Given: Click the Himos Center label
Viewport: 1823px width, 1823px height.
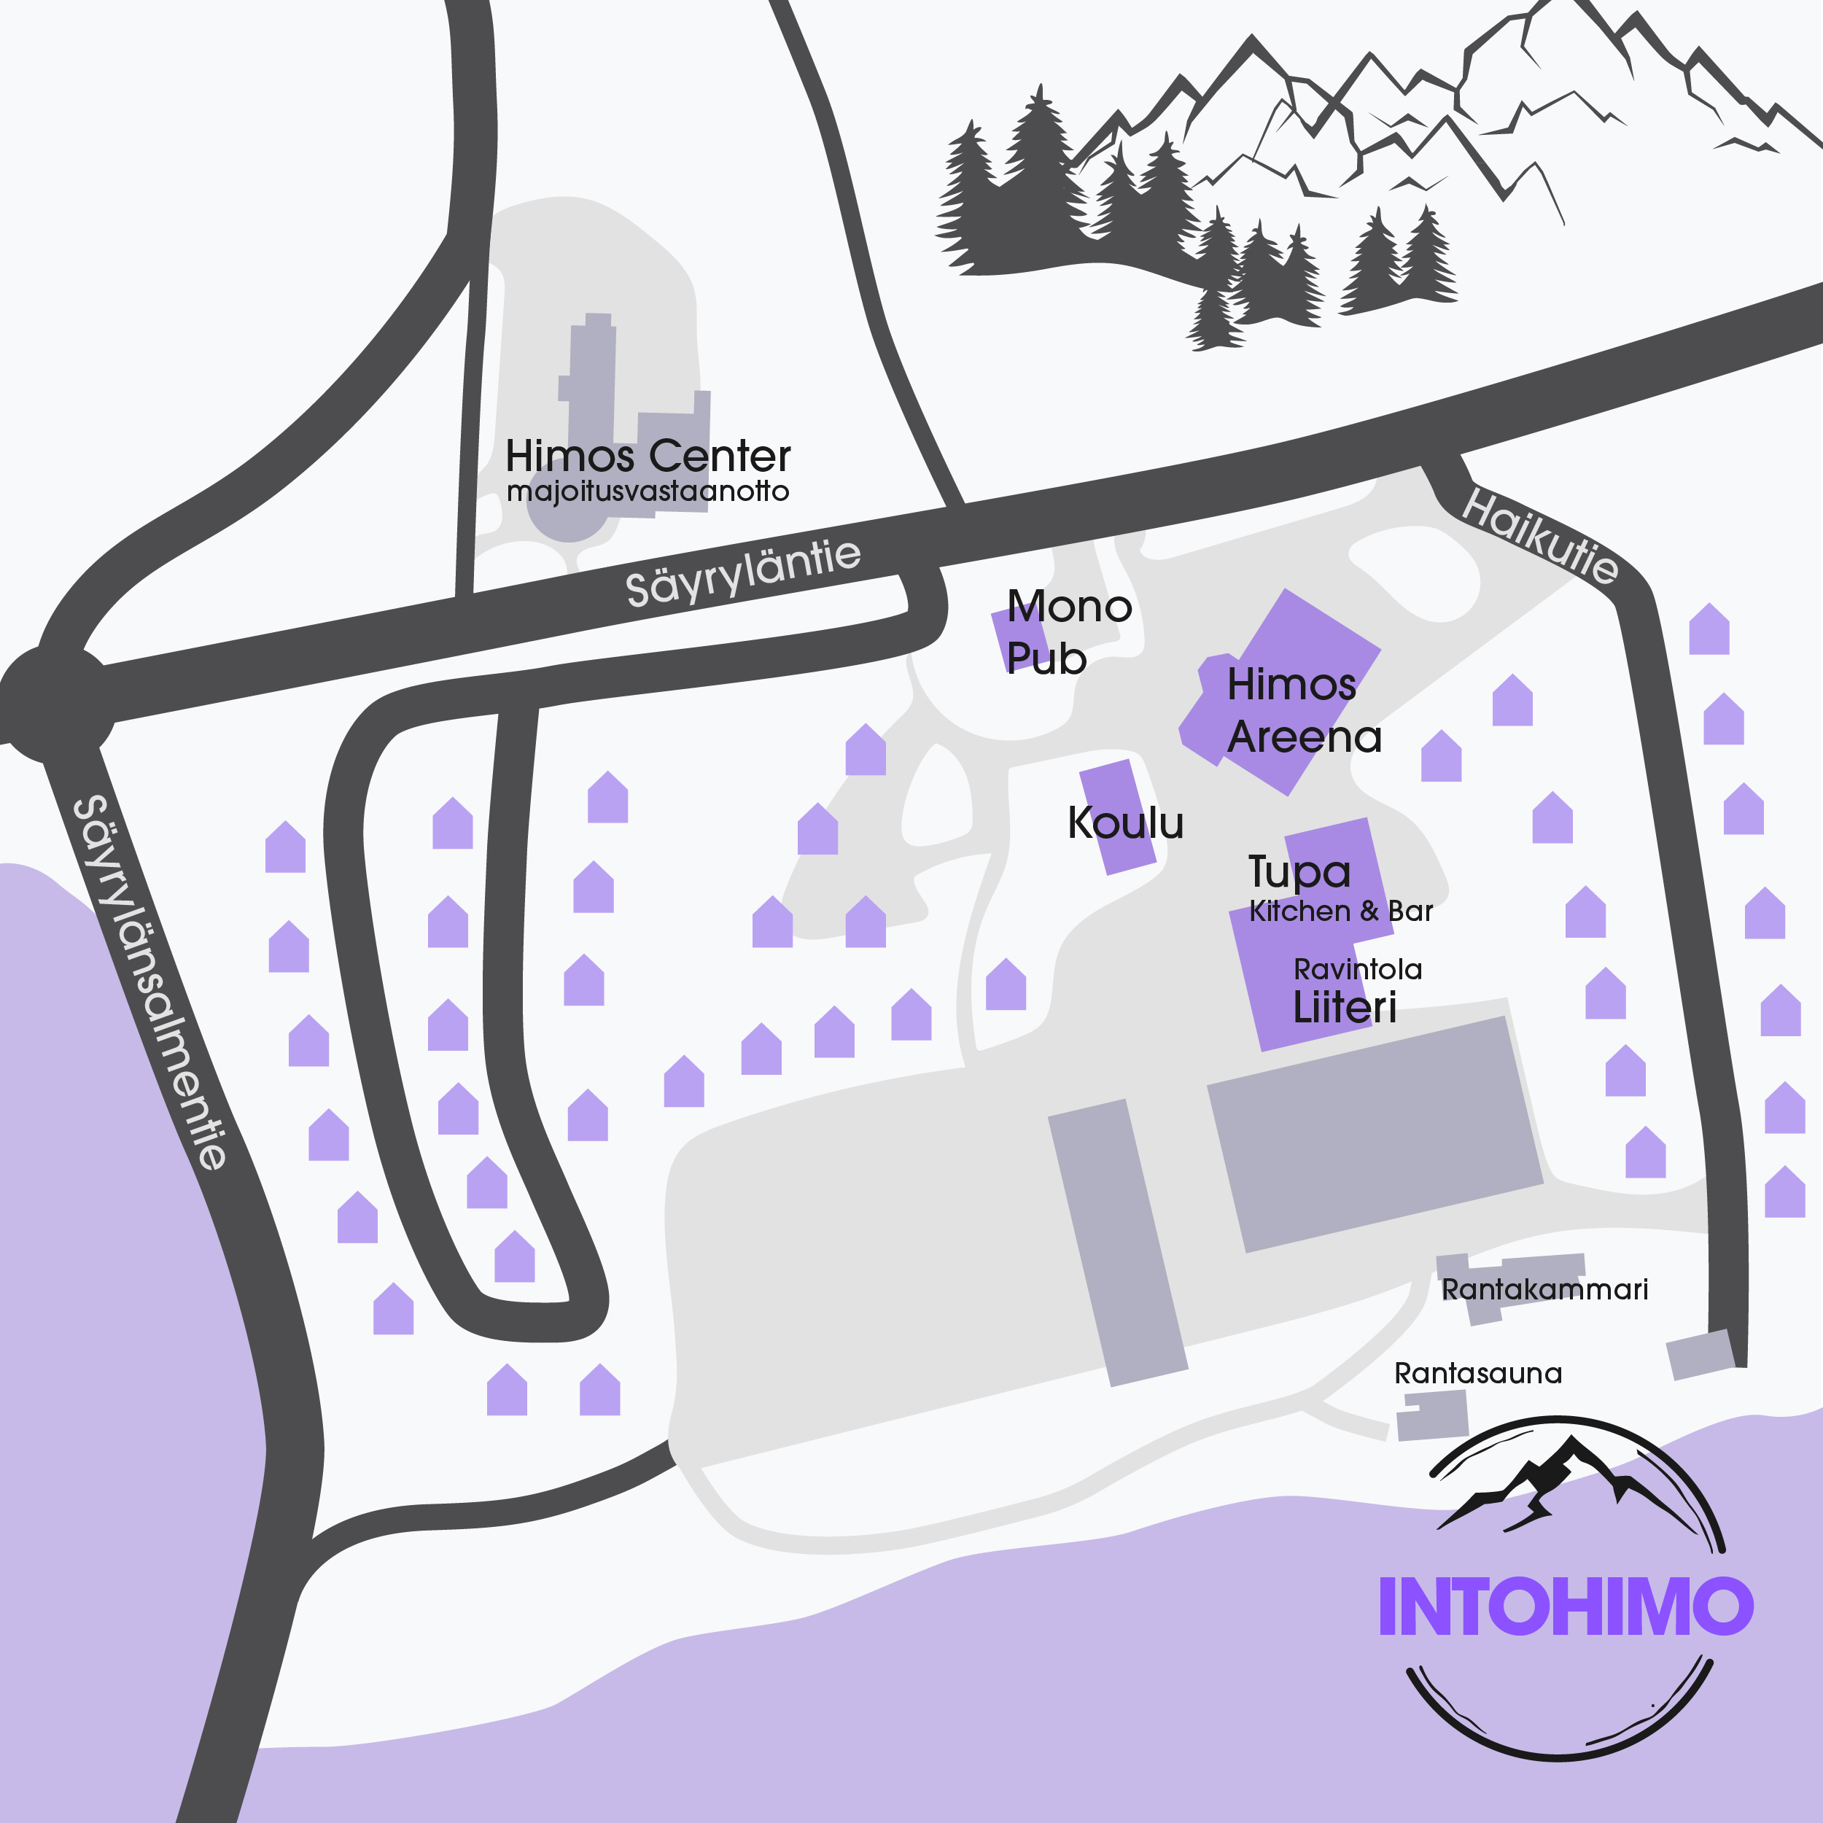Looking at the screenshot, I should coord(648,456).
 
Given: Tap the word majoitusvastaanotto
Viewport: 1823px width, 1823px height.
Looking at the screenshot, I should coord(648,491).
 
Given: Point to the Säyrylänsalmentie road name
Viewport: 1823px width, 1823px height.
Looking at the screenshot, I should coord(150,982).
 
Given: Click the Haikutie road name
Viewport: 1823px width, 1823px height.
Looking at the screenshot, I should coord(1540,536).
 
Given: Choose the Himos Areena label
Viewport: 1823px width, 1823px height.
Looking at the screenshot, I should coord(1303,710).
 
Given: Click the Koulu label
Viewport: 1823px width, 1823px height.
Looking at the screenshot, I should coord(1124,823).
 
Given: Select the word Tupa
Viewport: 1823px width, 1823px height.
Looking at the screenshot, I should coord(1299,872).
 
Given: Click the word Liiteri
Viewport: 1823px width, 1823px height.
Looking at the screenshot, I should coord(1344,1008).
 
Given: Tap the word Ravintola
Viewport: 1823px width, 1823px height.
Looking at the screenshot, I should coord(1357,969).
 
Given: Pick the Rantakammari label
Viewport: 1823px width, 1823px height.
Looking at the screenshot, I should coord(1544,1290).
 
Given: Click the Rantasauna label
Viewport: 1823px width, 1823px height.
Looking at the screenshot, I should coord(1477,1373).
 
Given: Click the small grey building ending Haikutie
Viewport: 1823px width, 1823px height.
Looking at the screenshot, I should coord(1701,1355).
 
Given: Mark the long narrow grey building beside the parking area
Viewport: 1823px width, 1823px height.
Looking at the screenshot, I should coord(1117,1242).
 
